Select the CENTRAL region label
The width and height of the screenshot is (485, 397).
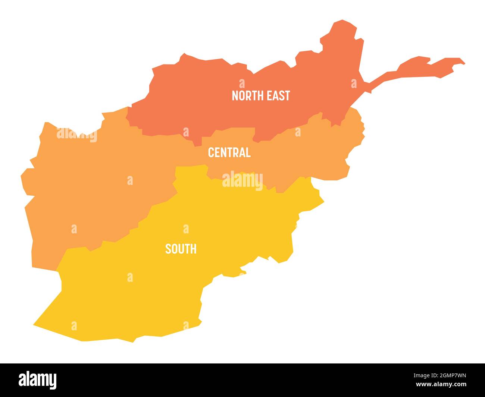coord(229,152)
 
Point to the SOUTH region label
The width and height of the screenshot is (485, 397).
coord(181,249)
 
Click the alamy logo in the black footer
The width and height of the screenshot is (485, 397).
coord(38,379)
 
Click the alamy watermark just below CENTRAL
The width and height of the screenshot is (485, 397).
coord(242,180)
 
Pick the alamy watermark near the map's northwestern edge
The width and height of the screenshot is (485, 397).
coord(77,134)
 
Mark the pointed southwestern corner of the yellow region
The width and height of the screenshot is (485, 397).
coord(35,324)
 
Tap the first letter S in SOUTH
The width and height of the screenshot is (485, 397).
coord(168,249)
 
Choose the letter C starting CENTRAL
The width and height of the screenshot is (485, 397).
coord(211,152)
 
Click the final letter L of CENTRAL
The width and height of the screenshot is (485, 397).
coord(248,152)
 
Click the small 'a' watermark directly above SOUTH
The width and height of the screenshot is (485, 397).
coord(186,229)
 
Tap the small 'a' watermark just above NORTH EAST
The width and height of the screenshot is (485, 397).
coord(242,83)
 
